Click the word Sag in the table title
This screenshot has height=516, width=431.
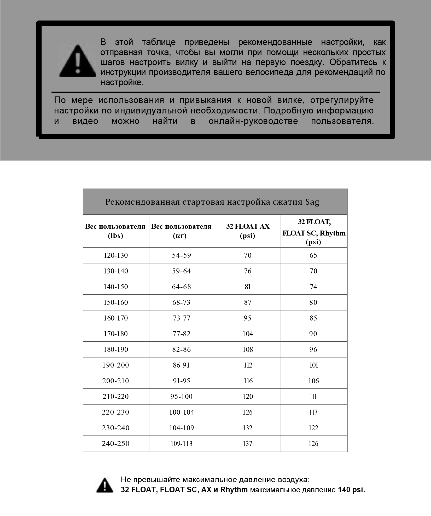312,202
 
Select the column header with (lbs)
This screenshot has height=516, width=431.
115,231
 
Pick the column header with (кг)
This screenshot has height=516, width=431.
181,231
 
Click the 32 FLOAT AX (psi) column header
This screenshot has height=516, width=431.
248,231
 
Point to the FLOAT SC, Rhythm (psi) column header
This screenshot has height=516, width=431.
314,232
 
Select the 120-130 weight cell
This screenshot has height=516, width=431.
116,255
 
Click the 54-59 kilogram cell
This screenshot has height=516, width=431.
182,255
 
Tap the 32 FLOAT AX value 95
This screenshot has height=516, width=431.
248,318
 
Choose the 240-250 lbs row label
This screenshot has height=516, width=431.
116,444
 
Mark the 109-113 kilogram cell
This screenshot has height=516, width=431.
182,444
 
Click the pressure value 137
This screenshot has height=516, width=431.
248,444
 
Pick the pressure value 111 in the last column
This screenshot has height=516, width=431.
313,397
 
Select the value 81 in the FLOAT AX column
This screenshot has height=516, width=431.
248,287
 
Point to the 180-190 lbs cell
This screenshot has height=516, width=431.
116,349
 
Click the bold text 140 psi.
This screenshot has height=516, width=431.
351,490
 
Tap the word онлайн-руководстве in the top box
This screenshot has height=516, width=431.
253,121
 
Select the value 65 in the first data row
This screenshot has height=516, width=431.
313,255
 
